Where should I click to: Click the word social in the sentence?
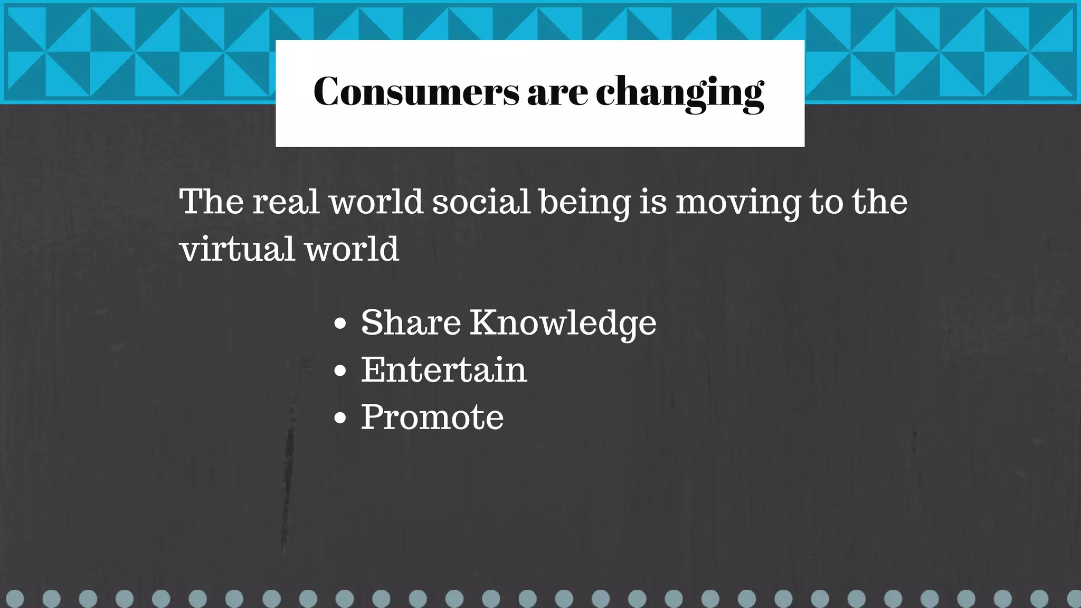click(481, 202)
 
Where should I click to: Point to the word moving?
click(738, 203)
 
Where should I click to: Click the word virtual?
click(236, 249)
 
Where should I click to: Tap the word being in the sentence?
click(585, 203)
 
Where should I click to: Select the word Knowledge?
click(563, 322)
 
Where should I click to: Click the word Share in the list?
click(411, 322)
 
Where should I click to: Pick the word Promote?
click(432, 417)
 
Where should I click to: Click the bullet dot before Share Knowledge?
click(340, 324)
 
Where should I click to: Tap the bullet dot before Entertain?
click(340, 370)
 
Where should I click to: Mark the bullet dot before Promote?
click(340, 418)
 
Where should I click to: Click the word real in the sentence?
click(286, 202)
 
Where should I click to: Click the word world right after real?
click(376, 202)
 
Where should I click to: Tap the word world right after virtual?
click(352, 249)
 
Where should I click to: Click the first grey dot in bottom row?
click(15, 599)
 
